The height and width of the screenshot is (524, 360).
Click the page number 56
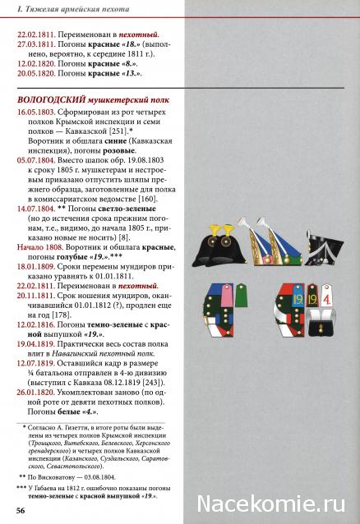click(x=19, y=511)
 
